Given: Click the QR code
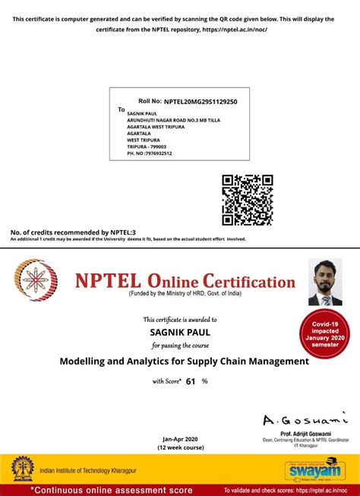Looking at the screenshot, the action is click(248, 200).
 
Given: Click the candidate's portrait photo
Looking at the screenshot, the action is click(325, 282).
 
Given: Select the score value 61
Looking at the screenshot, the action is click(191, 381).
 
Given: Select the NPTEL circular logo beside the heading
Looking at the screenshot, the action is click(37, 280).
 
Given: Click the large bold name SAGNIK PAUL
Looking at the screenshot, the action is click(180, 332).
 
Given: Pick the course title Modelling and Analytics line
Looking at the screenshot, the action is click(185, 362).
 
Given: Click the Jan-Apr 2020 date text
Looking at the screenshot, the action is click(180, 439).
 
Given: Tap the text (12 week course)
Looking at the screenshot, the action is click(180, 447).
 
